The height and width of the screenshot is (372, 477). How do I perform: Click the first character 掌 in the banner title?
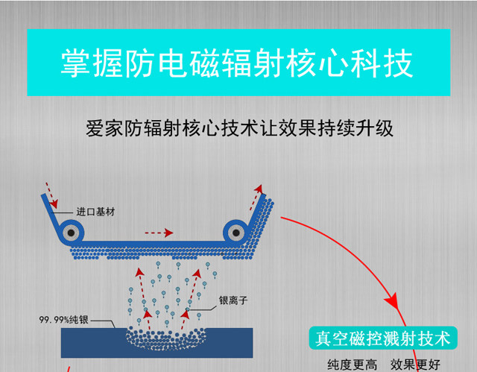click(75, 64)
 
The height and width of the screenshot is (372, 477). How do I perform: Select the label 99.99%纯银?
click(64, 321)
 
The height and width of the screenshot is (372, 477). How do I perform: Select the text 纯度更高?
click(352, 365)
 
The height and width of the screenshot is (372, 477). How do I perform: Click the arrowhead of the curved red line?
click(394, 306)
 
